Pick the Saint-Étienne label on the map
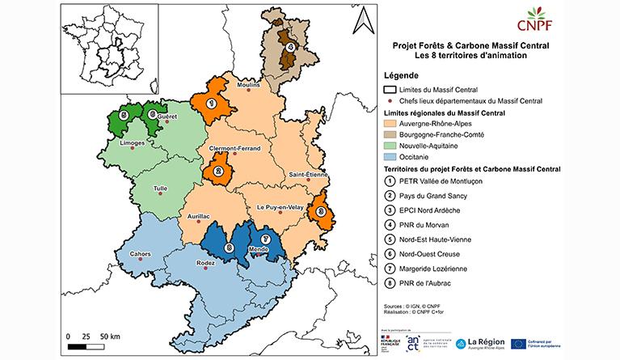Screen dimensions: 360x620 coord(309,175)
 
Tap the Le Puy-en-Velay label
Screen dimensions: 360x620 coord(278,207)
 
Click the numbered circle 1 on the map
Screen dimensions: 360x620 coord(212,103)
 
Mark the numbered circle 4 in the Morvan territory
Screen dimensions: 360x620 coord(289,47)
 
